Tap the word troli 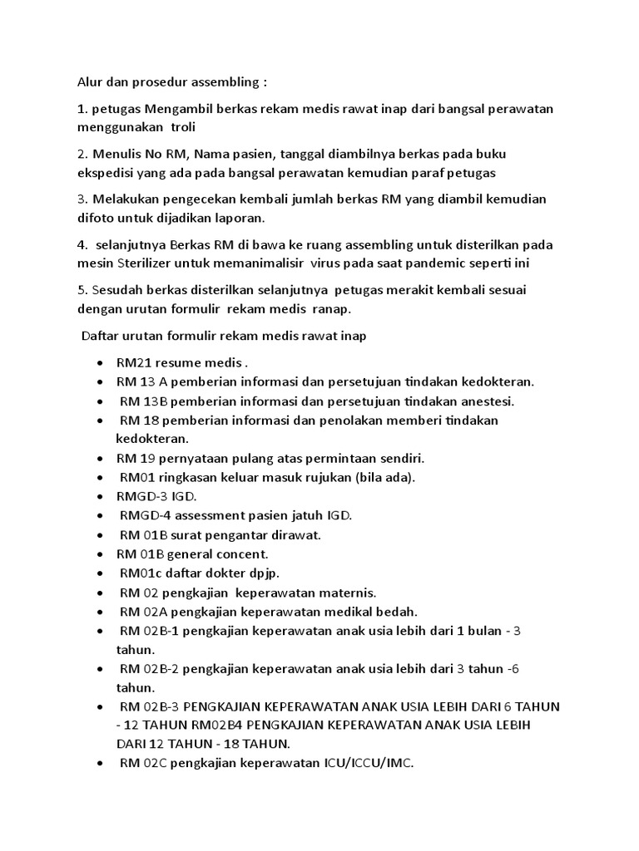pos(186,127)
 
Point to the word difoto pos(97,218)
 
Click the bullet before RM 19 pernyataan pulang pos(101,459)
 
